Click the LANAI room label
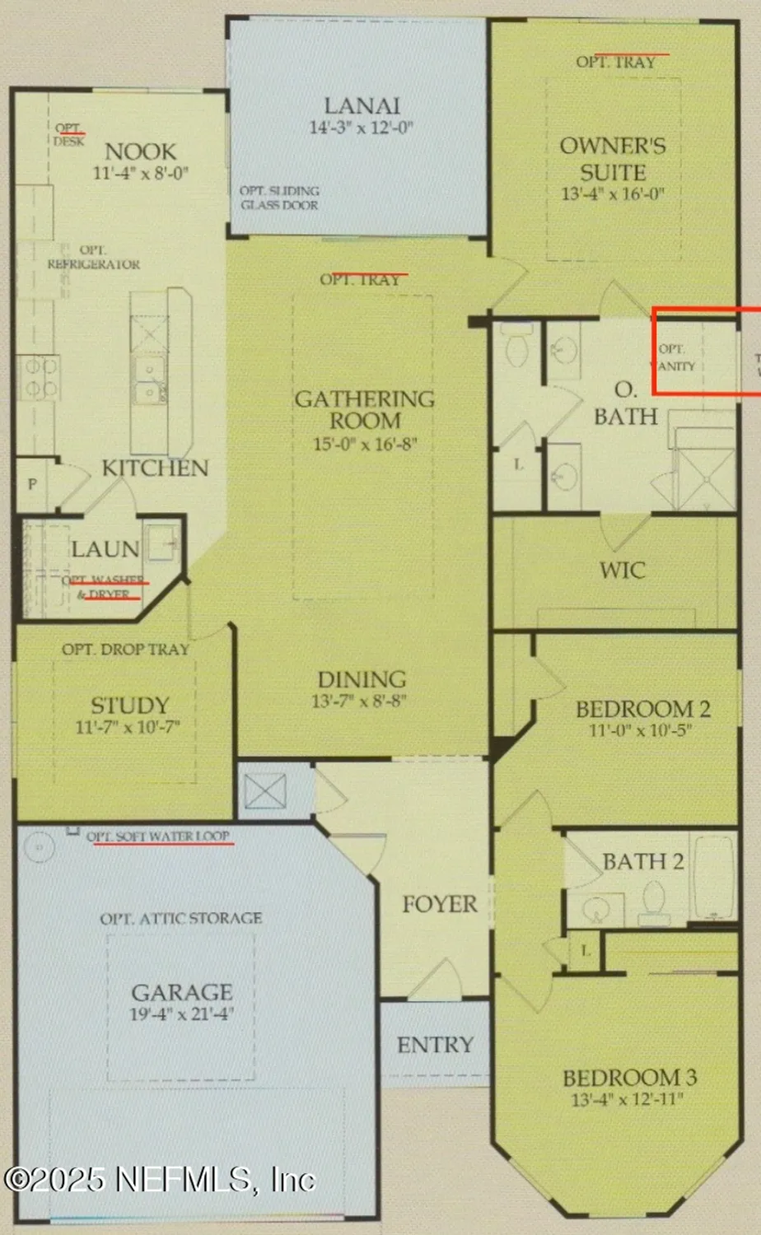(362, 106)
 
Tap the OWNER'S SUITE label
(613, 159)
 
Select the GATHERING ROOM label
(365, 409)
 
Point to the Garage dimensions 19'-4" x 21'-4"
(182, 1014)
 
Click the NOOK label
(140, 151)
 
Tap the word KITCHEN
(155, 468)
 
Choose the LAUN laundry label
(105, 549)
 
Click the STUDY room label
(129, 706)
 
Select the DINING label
(362, 679)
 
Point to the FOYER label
(439, 904)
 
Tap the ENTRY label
(435, 1045)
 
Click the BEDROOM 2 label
(642, 709)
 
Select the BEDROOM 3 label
(629, 1077)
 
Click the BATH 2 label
(642, 862)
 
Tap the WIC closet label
(622, 570)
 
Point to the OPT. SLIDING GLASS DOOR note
(279, 198)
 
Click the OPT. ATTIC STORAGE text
(181, 918)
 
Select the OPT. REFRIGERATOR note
(93, 257)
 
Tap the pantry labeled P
(32, 484)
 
